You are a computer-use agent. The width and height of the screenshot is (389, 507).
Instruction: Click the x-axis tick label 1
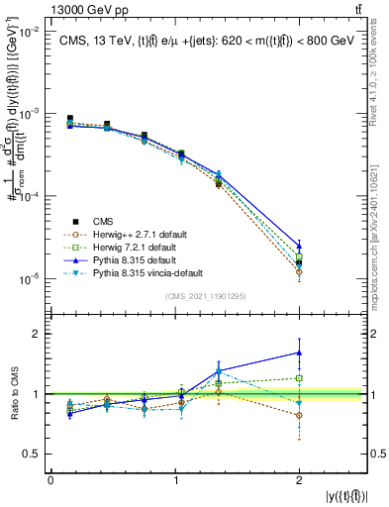coord(175,480)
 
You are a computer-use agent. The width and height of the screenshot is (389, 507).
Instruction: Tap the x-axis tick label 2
coord(300,480)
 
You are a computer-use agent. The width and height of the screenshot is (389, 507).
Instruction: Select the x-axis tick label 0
coord(50,480)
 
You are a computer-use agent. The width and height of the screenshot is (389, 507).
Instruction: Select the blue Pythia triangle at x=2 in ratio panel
coord(300,353)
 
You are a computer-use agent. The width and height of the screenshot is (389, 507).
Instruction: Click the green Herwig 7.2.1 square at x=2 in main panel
coord(300,256)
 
